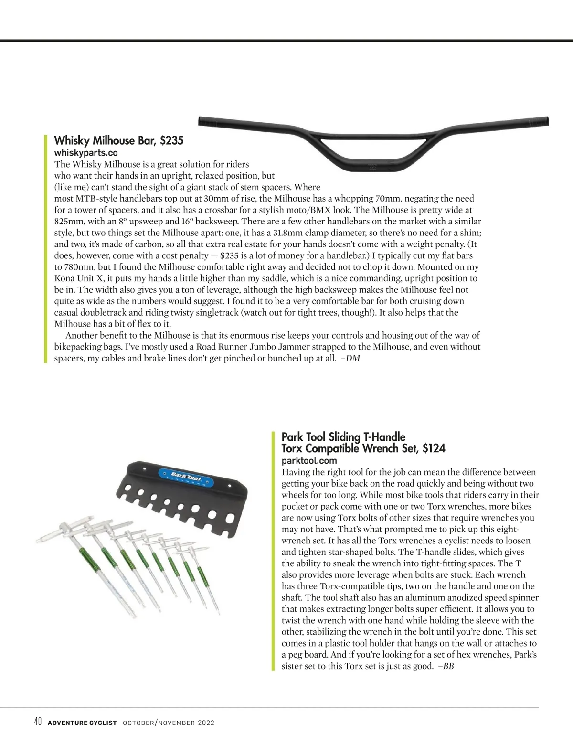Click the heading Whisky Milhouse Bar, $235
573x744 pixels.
click(118, 140)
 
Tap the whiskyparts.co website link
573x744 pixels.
click(86, 153)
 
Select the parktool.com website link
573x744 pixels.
click(309, 461)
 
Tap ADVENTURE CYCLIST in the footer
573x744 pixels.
click(82, 723)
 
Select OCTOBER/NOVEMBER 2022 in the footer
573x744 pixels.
click(169, 723)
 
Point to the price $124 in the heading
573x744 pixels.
click(434, 448)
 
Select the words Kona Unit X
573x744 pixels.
click(76, 278)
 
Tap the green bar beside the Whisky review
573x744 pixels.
click(46, 249)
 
